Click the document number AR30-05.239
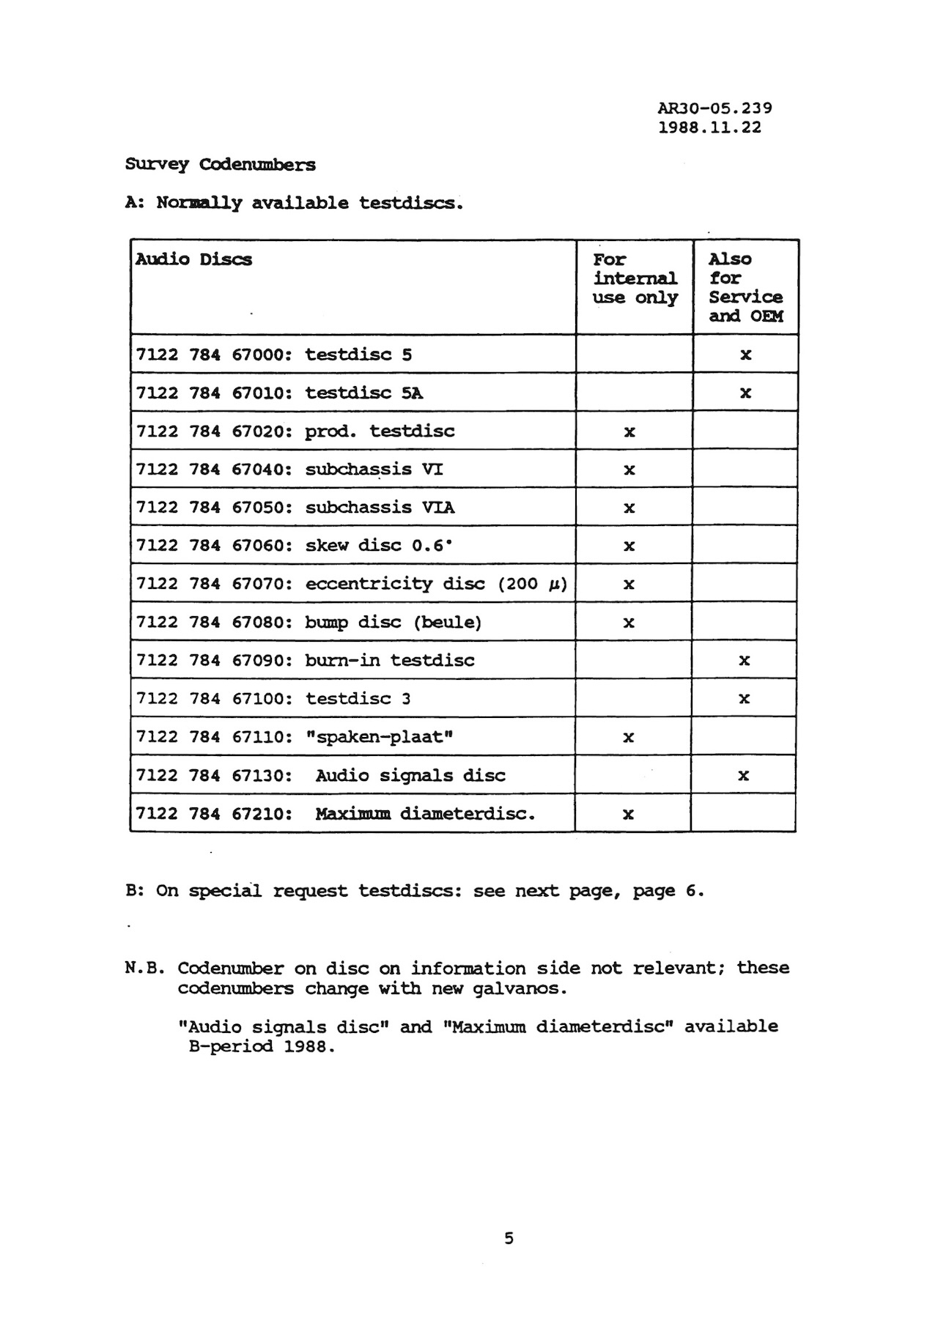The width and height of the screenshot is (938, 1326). click(x=714, y=108)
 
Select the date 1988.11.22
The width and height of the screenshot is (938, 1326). click(x=709, y=127)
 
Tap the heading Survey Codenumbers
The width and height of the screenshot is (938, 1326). click(x=220, y=164)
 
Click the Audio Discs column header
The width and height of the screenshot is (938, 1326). click(x=193, y=259)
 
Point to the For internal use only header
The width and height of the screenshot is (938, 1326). click(x=635, y=278)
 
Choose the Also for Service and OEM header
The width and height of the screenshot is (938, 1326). click(x=745, y=287)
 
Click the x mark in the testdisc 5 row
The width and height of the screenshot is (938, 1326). click(x=745, y=355)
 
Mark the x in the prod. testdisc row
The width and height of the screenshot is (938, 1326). click(x=629, y=432)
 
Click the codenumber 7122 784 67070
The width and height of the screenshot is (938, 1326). click(x=214, y=584)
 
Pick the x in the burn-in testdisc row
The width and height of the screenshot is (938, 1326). click(x=744, y=661)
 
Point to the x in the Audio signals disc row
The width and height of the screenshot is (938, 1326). click(x=743, y=775)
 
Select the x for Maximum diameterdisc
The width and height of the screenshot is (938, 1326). click(x=628, y=814)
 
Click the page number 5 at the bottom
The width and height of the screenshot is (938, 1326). click(x=509, y=1238)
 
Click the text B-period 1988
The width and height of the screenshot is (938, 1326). click(x=262, y=1046)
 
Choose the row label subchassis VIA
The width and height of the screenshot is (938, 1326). click(x=380, y=508)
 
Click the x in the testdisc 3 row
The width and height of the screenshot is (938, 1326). click(x=744, y=699)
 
